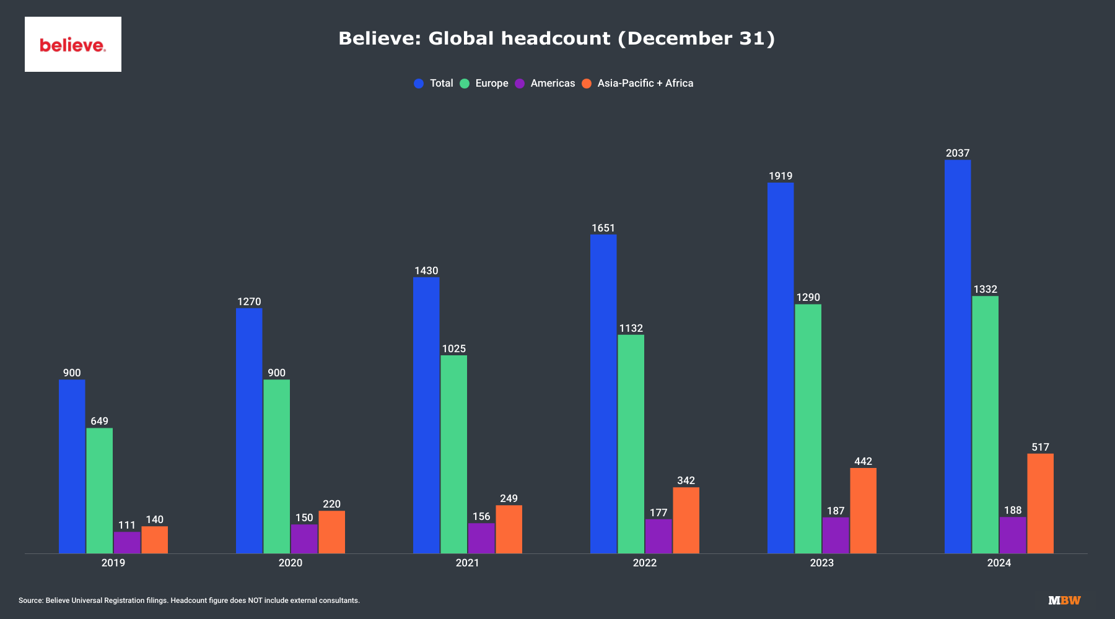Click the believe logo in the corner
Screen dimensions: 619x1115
pos(72,45)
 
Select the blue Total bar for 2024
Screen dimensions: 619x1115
pos(958,357)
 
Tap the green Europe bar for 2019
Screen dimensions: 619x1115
pos(99,490)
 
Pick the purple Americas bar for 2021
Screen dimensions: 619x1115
pos(481,538)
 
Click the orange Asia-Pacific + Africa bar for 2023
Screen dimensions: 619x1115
pos(863,511)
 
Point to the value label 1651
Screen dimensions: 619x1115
pos(603,228)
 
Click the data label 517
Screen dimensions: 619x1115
pos(1040,447)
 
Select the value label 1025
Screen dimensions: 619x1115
pos(453,348)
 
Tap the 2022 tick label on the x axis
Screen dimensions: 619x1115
pos(644,563)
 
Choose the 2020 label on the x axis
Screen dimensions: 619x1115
pos(290,563)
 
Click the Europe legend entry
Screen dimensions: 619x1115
pos(491,83)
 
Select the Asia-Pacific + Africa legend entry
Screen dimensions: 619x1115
pos(645,83)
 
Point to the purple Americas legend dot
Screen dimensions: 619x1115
pos(520,84)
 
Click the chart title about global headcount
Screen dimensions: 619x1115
pos(556,38)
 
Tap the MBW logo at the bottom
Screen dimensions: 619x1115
pos(1064,600)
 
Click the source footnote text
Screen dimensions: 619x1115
pos(189,600)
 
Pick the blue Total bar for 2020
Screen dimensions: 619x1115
pos(249,431)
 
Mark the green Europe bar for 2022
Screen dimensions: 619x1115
pos(631,444)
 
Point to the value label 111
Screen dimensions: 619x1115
pos(126,525)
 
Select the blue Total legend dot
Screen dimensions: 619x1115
pos(419,84)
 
